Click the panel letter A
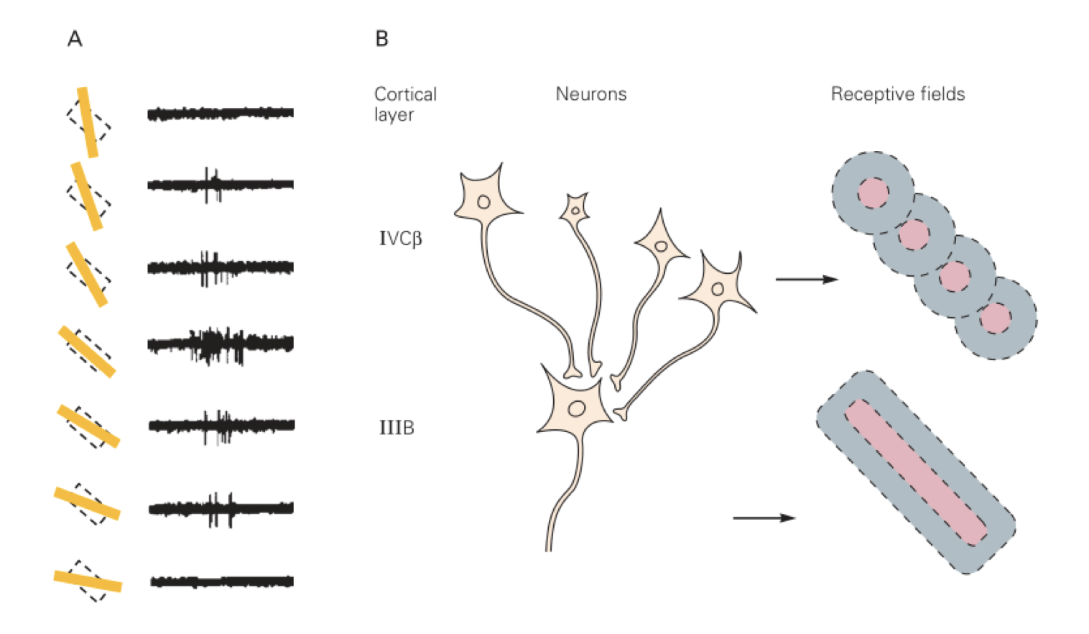[x=75, y=39]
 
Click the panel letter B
[x=381, y=39]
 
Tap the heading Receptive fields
[x=897, y=94]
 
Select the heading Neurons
[x=590, y=94]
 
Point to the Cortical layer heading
[x=405, y=104]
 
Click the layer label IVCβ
[x=400, y=239]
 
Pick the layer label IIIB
[x=397, y=428]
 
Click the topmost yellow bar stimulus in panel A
[x=88, y=122]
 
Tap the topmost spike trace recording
[x=221, y=113]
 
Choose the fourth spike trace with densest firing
[x=221, y=344]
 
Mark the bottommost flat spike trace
[x=222, y=581]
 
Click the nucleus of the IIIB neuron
[x=577, y=409]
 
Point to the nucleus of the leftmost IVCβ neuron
[x=483, y=202]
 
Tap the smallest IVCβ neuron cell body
[x=575, y=210]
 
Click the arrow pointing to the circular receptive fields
[x=806, y=279]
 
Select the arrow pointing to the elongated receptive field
[x=764, y=518]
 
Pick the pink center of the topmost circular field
[x=873, y=193]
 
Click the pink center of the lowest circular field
[x=995, y=318]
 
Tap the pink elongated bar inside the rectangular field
[x=916, y=472]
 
